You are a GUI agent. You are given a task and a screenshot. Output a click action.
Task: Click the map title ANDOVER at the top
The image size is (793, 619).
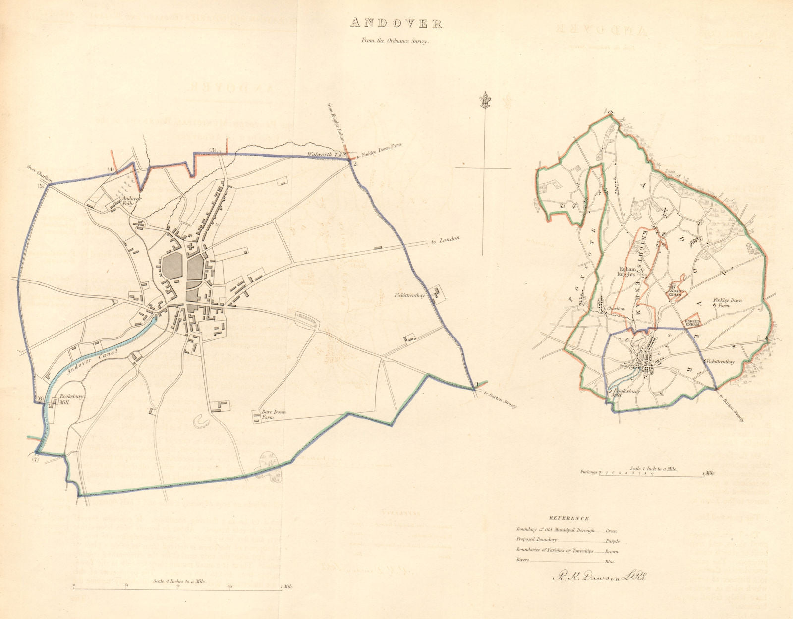pyautogui.click(x=396, y=23)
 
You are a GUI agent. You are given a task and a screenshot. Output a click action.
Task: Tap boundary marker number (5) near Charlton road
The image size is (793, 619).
pyautogui.click(x=41, y=186)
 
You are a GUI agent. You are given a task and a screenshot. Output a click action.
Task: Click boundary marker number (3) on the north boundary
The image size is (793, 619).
pyautogui.click(x=213, y=150)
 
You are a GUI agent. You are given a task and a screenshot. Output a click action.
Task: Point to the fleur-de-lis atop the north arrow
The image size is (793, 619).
pyautogui.click(x=484, y=101)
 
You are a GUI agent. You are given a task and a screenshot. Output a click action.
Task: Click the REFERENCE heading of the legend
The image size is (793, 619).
pyautogui.click(x=568, y=518)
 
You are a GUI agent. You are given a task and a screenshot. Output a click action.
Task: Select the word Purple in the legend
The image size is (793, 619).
pyautogui.click(x=613, y=541)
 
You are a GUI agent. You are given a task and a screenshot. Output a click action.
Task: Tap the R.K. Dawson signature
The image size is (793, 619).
pyautogui.click(x=599, y=576)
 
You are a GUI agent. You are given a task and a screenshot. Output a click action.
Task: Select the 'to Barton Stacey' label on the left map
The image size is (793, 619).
pyautogui.click(x=500, y=399)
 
